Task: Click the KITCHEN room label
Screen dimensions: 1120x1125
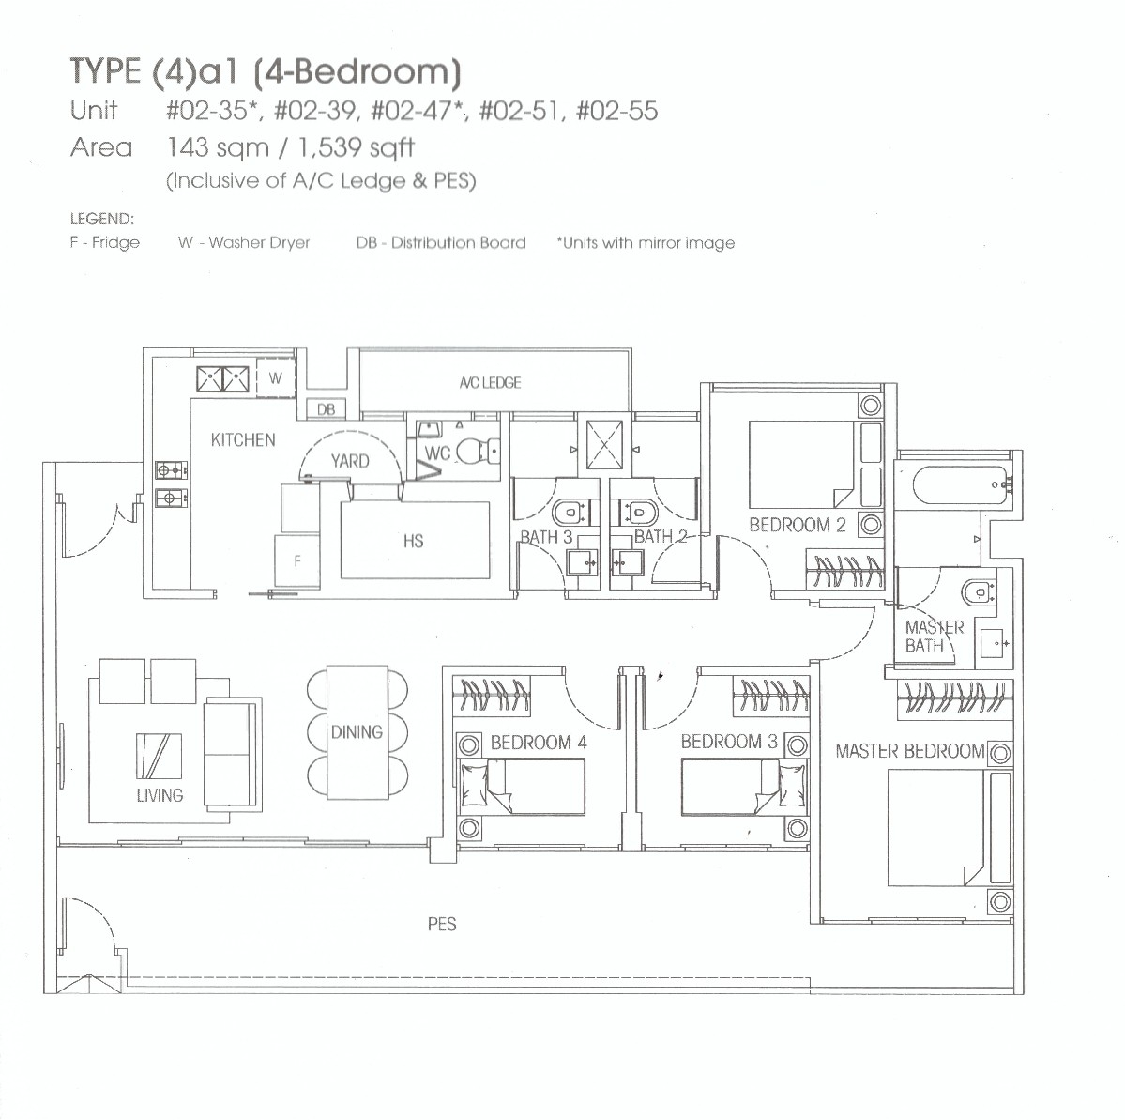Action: click(243, 439)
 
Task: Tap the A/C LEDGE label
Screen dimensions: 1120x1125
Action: click(490, 383)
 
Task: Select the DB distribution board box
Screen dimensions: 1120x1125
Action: click(327, 409)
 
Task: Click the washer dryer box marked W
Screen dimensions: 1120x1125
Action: click(275, 378)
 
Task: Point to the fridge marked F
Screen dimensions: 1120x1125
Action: click(296, 561)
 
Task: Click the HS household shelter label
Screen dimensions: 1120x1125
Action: click(413, 541)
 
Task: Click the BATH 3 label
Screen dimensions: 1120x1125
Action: click(546, 537)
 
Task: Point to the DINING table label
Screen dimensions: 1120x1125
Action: click(357, 732)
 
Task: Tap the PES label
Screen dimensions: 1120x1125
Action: click(441, 925)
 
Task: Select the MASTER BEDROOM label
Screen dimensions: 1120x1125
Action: click(910, 751)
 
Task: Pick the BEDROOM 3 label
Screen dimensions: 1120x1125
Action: click(729, 742)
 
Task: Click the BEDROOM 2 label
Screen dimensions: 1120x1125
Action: click(798, 526)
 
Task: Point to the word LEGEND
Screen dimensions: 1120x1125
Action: click(102, 220)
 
